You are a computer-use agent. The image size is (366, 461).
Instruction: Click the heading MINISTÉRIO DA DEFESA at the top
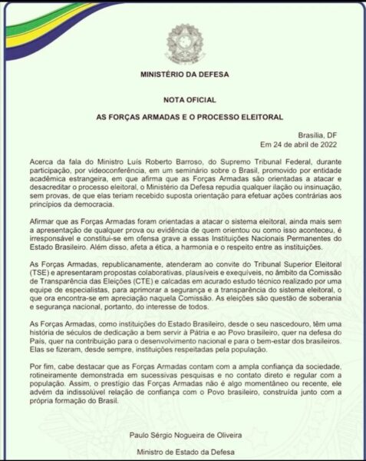tap(182, 75)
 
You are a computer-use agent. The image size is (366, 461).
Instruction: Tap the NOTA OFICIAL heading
tap(182, 101)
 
